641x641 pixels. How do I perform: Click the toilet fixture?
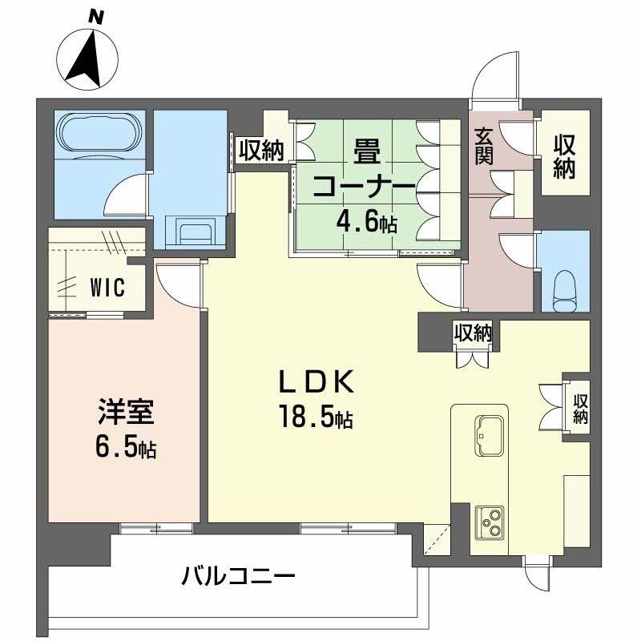coord(566,288)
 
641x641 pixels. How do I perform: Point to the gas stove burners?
coord(489,523)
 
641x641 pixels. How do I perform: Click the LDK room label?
coord(316,385)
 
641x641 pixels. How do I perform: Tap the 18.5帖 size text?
coord(316,417)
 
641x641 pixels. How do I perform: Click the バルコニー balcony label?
coord(238,575)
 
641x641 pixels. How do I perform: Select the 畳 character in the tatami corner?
coord(367,150)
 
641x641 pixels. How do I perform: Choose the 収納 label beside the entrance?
coord(565,156)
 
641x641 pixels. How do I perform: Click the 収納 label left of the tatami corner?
coord(260,151)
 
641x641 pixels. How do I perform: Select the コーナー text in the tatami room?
coord(365,187)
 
